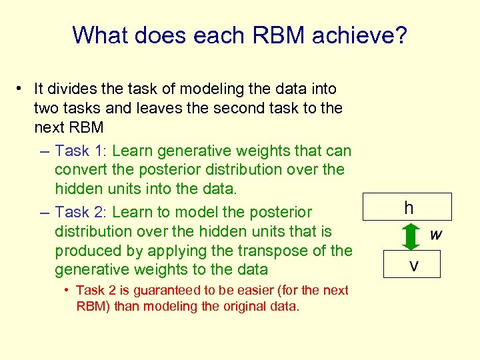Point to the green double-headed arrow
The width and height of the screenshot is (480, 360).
tap(409, 237)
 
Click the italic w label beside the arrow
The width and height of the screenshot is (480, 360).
tap(436, 235)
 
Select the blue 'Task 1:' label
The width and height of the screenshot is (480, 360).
tap(81, 151)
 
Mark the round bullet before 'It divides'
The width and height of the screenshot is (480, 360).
tap(21, 89)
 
